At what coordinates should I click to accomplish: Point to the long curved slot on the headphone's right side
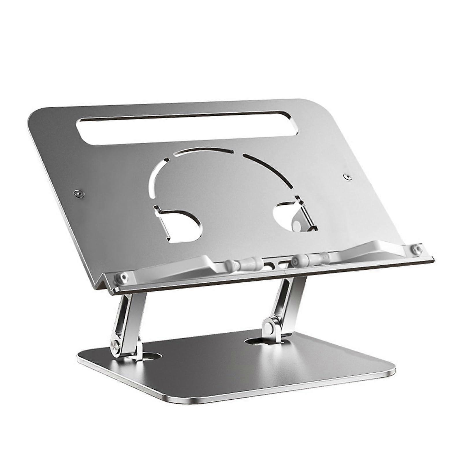coord(269,167)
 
